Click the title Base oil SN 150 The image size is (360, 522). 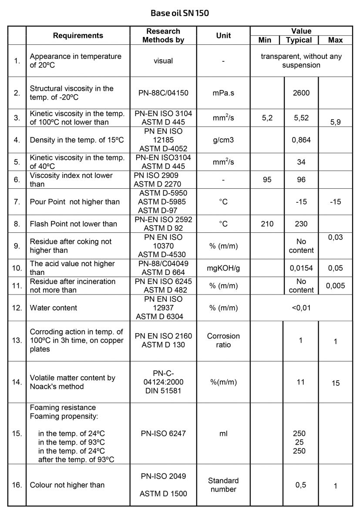coord(180,13)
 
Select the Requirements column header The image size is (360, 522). coord(78,36)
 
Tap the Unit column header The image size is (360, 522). coord(223,36)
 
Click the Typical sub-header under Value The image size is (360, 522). coord(299,40)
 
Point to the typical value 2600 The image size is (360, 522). coord(301,93)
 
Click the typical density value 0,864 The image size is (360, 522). coord(301,140)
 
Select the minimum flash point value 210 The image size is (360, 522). coord(267,224)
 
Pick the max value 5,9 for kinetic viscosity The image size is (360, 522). coord(335,122)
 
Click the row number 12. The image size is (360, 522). coord(17,308)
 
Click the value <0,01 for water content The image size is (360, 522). coord(301,308)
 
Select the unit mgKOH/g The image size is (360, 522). coord(223,268)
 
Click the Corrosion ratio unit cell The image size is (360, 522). coord(223,341)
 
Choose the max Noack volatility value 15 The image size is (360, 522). coord(335,383)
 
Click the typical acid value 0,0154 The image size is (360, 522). coord(301,268)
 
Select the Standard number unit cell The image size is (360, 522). coord(223,485)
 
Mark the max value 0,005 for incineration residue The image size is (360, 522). coord(335,286)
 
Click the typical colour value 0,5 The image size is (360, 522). coord(301,485)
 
